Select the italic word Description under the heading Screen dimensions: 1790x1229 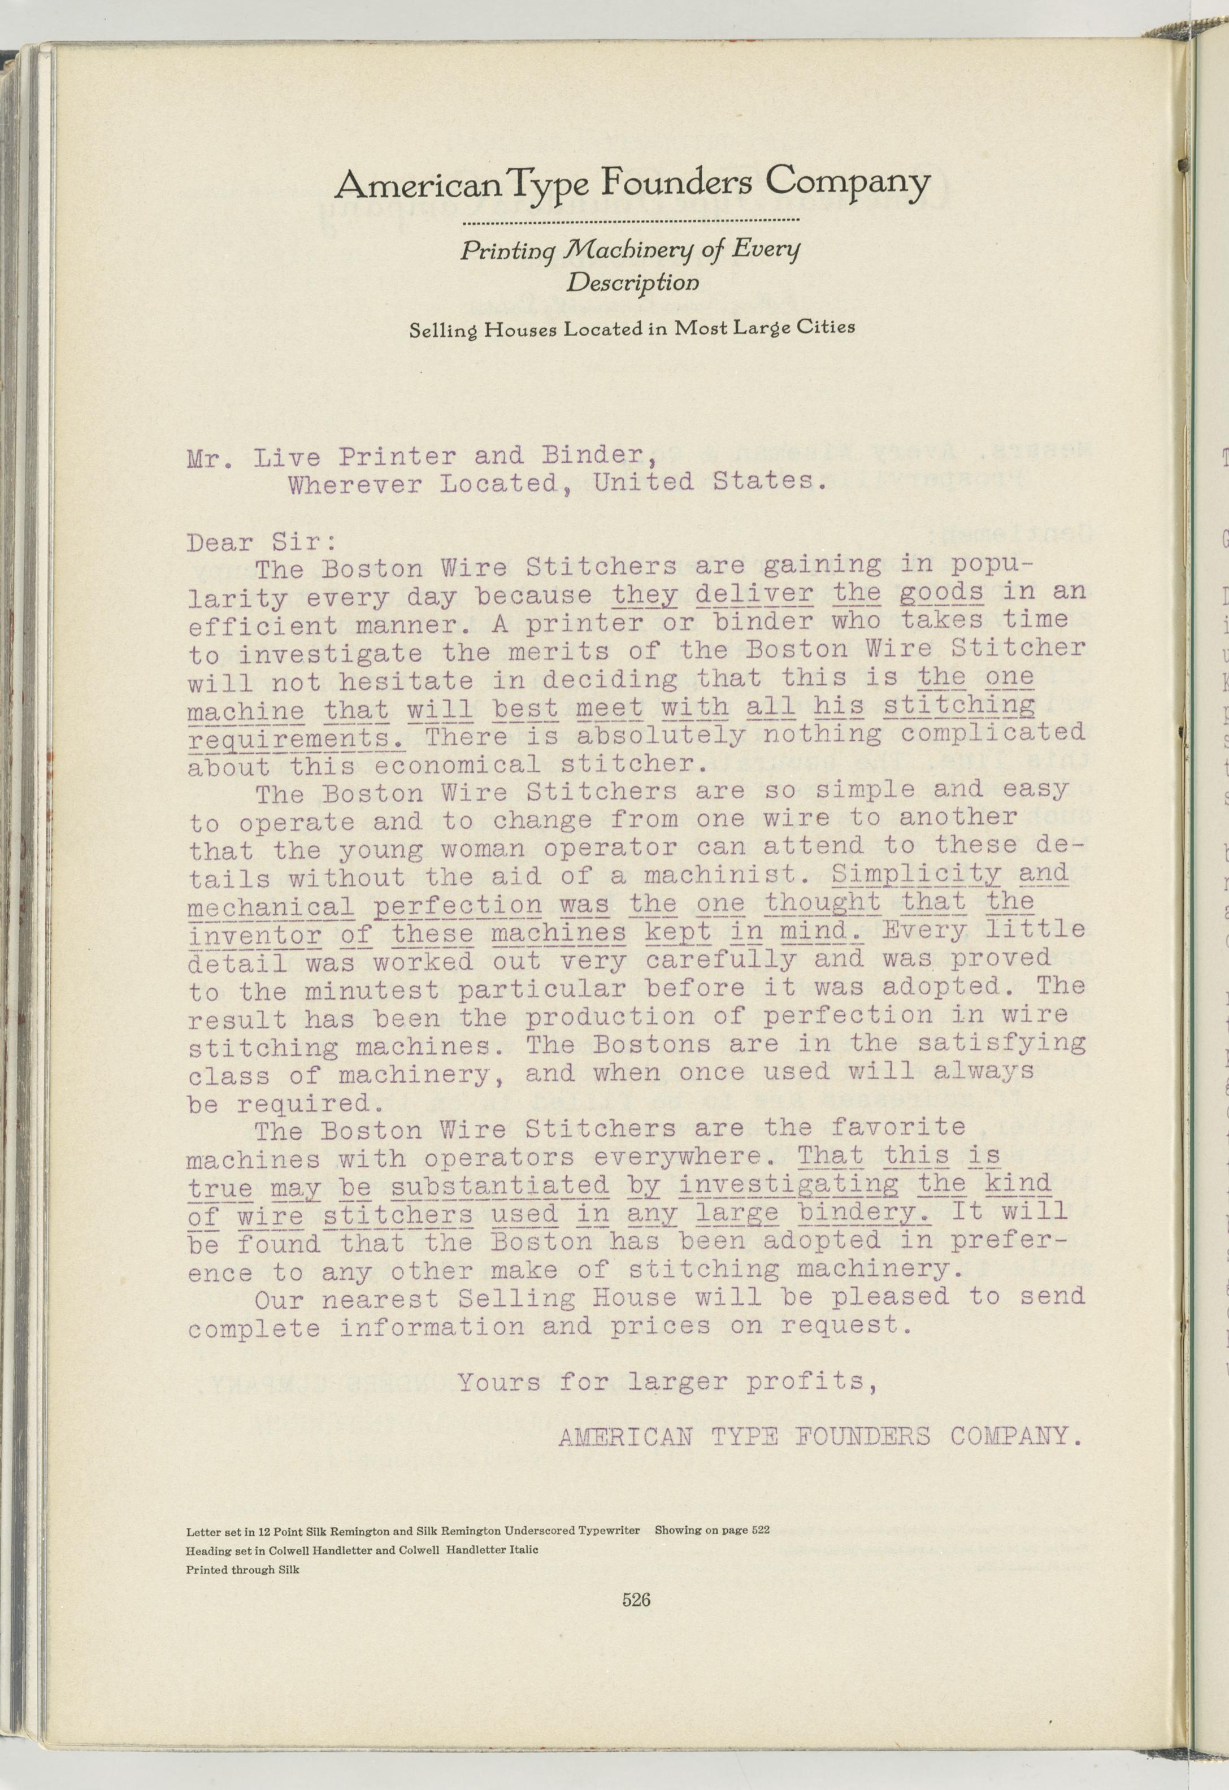click(x=633, y=283)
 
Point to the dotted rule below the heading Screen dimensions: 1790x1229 click(x=630, y=223)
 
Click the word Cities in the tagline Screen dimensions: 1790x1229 click(x=826, y=327)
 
